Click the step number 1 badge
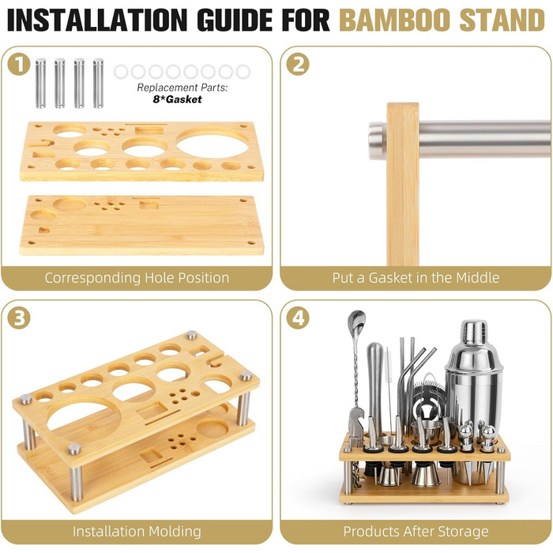pos(18,64)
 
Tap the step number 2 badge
pos(298,64)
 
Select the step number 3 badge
pos(18,318)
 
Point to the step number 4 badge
pos(298,318)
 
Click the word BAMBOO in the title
pos(395,20)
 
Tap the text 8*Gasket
pos(178,100)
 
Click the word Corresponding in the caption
pos(92,278)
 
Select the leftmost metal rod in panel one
pos(40,83)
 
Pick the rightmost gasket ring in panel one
pos(243,72)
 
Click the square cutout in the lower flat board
pos(149,205)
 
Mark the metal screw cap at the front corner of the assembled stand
pos(74,449)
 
